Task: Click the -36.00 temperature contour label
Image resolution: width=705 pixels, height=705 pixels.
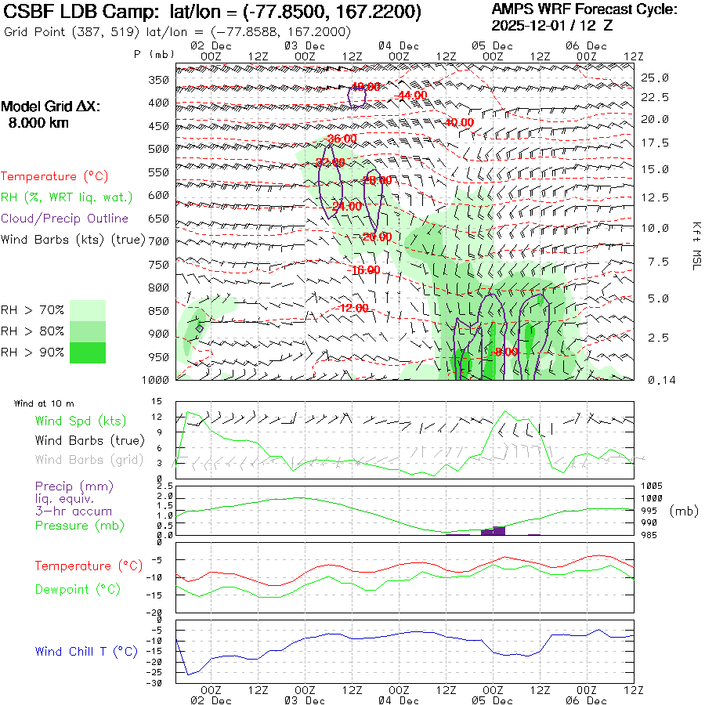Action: click(342, 139)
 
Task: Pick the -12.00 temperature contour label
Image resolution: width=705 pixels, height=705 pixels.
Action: click(353, 308)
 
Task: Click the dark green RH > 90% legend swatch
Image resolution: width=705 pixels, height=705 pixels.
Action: click(88, 352)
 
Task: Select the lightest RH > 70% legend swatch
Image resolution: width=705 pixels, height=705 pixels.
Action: click(88, 310)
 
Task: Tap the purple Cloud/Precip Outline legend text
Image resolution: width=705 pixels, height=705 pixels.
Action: click(65, 219)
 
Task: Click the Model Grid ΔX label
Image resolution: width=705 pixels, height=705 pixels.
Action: click(51, 107)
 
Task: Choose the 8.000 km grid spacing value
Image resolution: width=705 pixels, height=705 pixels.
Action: click(38, 122)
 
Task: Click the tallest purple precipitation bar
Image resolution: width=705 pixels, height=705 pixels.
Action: click(499, 530)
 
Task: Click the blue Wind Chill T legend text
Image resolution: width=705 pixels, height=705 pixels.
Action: click(86, 652)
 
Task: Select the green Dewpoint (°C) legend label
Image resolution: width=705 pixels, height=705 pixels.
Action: click(78, 589)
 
